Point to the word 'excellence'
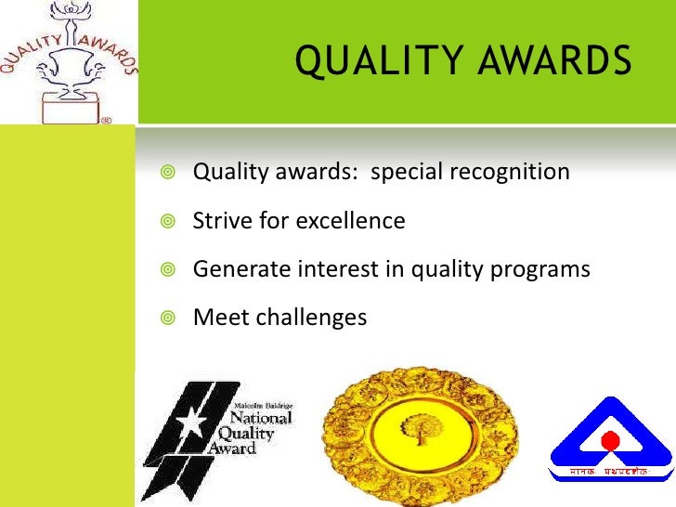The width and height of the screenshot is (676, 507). coord(350,221)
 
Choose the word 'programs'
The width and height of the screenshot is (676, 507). coord(545,270)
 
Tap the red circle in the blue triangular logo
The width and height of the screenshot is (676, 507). coord(609,440)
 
